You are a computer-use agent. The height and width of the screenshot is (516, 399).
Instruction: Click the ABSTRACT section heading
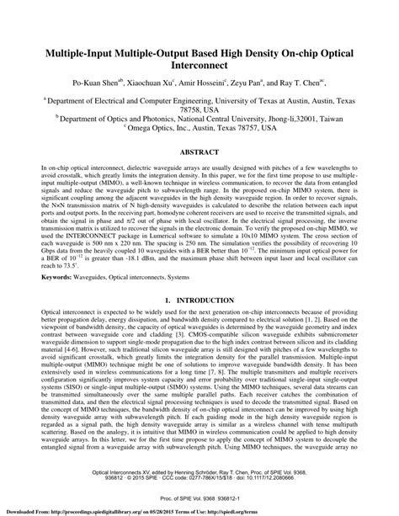tap(199, 152)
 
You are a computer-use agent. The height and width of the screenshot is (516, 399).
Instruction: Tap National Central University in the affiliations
tap(217, 120)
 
